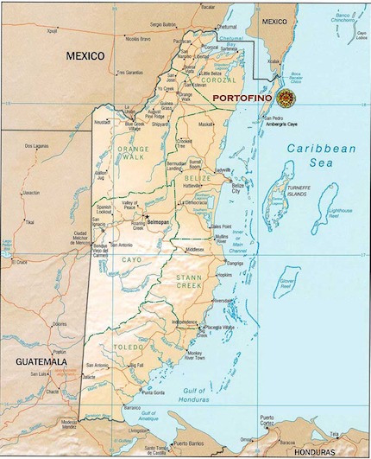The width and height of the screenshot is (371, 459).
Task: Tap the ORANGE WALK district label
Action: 132,155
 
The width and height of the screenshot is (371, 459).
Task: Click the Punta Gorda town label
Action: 154,392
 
